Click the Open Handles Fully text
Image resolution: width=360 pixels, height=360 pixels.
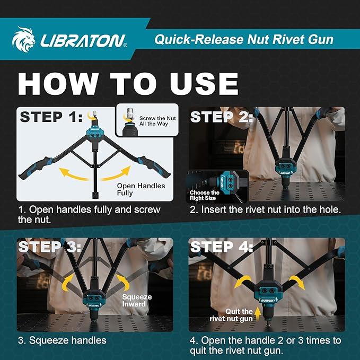click(141, 190)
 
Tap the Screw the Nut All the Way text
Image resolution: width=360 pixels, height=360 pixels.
click(157, 121)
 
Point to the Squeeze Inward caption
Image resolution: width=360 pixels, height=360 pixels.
click(137, 301)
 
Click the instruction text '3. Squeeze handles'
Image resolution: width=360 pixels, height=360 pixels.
click(62, 340)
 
